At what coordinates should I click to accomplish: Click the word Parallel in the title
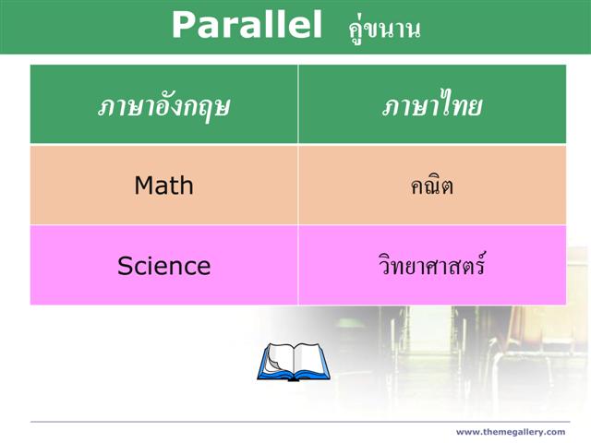tap(247, 25)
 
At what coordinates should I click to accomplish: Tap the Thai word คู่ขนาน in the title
tap(384, 30)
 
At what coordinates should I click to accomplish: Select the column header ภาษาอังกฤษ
tap(163, 106)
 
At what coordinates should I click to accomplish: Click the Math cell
tap(164, 186)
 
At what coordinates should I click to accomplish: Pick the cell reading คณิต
tap(432, 185)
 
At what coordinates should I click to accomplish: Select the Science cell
tap(164, 266)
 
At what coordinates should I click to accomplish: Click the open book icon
tap(294, 362)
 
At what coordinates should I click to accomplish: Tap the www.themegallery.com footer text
tap(511, 432)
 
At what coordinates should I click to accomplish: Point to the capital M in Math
tap(144, 186)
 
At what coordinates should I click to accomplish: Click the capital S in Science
tap(125, 266)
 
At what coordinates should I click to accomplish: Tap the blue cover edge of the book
tap(294, 376)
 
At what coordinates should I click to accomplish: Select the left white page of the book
tap(279, 358)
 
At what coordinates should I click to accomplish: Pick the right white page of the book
tap(309, 358)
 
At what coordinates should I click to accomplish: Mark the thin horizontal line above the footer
tap(300, 422)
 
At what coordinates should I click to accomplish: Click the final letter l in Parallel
tap(318, 24)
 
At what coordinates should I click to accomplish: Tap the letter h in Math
tap(187, 186)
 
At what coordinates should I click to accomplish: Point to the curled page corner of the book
tap(272, 364)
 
